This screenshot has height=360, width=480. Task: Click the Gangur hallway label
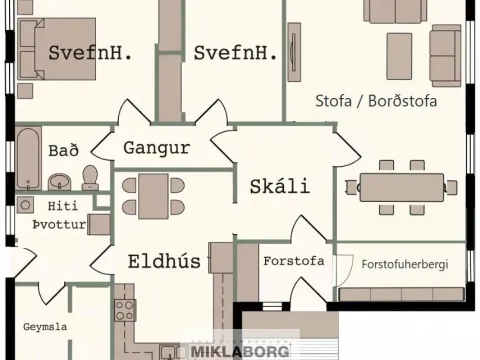coord(157,148)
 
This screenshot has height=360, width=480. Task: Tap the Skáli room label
coord(280,186)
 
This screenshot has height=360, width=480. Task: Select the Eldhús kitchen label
coord(164,261)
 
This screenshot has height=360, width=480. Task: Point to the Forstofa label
coord(294,261)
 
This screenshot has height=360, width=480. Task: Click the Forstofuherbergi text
coord(405,264)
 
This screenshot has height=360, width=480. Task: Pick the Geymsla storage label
coord(45,327)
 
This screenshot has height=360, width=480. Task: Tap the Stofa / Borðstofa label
coord(376,101)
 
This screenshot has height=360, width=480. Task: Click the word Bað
coord(63,150)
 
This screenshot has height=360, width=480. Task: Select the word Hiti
coord(63,206)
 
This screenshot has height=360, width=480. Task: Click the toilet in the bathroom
coord(90,178)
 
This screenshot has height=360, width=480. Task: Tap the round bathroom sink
coord(60,182)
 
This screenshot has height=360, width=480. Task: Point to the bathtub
coord(28,158)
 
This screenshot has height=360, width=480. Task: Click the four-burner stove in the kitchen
coord(125,310)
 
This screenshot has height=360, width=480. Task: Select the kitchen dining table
coord(153,196)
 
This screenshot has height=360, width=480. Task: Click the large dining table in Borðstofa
coord(402,187)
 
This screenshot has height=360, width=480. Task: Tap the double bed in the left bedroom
coord(57,49)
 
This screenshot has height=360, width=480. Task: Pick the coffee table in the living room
coord(399,56)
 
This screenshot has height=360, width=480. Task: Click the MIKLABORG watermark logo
coord(240,351)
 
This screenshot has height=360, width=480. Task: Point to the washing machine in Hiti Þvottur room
coord(25,205)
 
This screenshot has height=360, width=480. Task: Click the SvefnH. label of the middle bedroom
coord(235,53)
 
